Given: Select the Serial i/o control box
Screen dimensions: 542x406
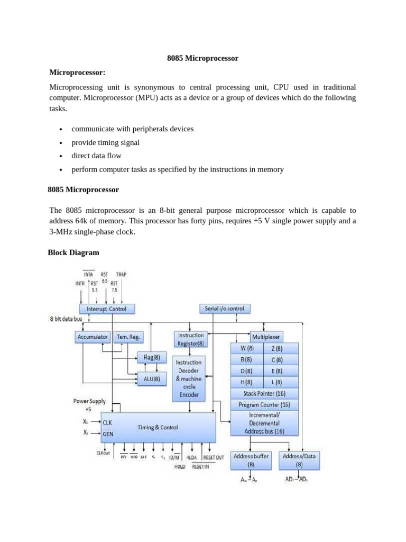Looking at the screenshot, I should click(x=224, y=308).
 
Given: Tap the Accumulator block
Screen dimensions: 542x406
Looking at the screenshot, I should click(x=93, y=337).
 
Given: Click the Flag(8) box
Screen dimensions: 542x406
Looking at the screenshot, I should click(x=152, y=357).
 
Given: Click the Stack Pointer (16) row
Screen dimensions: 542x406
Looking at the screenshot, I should click(x=265, y=393).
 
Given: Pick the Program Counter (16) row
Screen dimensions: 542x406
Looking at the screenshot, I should click(x=265, y=405).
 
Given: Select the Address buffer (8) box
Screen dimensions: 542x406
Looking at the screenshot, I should click(x=251, y=460).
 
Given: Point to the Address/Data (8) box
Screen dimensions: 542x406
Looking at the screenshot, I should click(x=299, y=460).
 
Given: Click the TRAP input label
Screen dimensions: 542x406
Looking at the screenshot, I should click(x=121, y=275).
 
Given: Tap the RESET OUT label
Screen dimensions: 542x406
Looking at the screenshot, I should click(x=213, y=457).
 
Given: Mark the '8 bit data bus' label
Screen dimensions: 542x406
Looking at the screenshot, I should click(x=67, y=319).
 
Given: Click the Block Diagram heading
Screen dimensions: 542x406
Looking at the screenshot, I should click(x=73, y=252).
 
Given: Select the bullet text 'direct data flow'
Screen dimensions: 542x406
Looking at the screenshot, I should click(x=96, y=156).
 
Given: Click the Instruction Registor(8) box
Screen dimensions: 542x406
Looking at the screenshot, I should click(x=190, y=339).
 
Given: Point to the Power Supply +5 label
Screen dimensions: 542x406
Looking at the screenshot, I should click(x=89, y=405).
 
